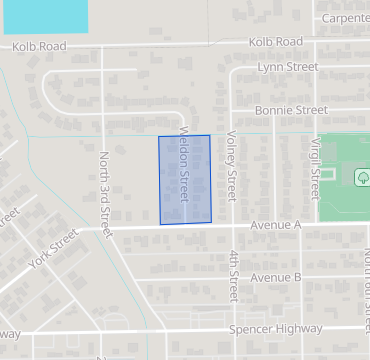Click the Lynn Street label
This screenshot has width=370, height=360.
(287, 67)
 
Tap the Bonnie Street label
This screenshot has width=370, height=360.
(291, 109)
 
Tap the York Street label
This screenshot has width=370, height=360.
(54, 251)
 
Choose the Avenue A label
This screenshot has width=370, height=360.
(276, 226)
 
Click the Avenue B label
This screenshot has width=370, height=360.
(276, 277)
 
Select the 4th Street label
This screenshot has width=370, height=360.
(232, 276)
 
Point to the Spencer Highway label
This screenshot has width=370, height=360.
(276, 329)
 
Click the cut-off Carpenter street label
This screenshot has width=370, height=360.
(346, 18)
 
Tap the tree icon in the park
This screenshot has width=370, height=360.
(362, 177)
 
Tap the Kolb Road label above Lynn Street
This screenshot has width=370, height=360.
(276, 41)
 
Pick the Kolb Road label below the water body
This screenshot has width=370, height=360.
(40, 46)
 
